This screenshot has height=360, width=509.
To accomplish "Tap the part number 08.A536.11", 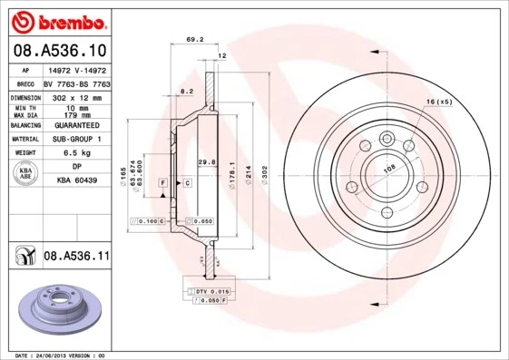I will pyautogui.click(x=76, y=257).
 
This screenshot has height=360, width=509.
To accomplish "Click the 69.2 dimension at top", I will pyautogui.click(x=193, y=39).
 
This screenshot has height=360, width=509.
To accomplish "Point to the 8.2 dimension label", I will pyautogui.click(x=186, y=92).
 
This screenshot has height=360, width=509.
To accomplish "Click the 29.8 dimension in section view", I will pyautogui.click(x=206, y=161).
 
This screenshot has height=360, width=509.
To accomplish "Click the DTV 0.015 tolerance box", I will pyautogui.click(x=208, y=290).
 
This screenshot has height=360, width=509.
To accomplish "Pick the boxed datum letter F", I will pyautogui.click(x=162, y=183).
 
